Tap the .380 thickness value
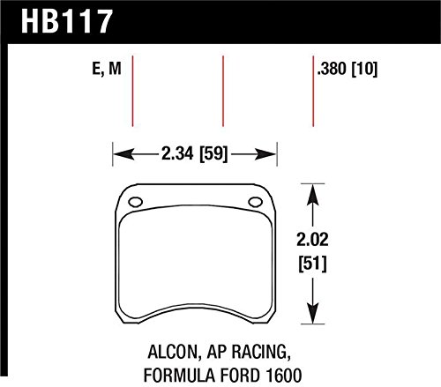[x=332, y=66]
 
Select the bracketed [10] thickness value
[x=368, y=66]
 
